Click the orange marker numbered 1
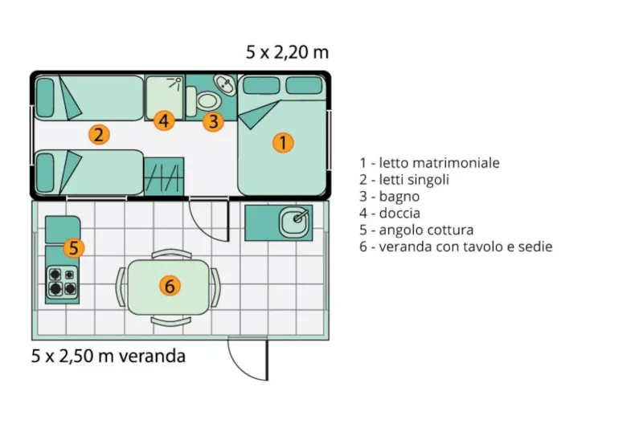(282, 142)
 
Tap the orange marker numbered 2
(99, 134)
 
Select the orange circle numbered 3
(212, 121)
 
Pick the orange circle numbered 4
(164, 121)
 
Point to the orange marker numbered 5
(73, 247)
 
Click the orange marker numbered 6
(168, 284)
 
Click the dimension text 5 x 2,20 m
(287, 53)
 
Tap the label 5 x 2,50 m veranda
(109, 355)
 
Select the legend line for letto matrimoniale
(429, 163)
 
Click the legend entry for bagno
(390, 197)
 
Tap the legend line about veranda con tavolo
(456, 247)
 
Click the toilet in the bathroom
(207, 100)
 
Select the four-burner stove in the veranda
(62, 281)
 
